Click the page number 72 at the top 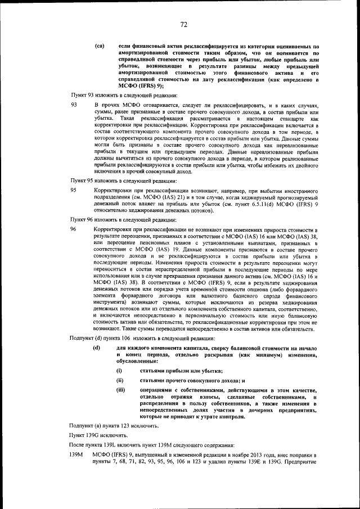click(183, 24)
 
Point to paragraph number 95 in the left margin click(73, 191)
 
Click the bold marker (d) click(96, 349)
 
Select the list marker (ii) click(120, 381)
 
